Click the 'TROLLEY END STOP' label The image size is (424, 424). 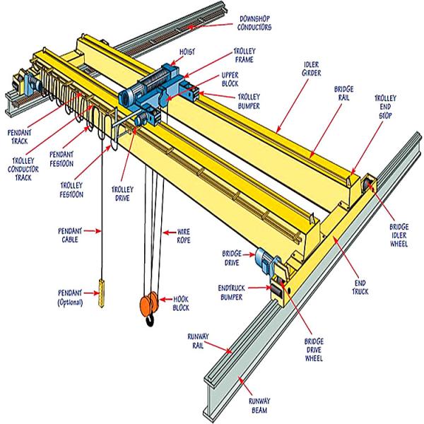point(384,107)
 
